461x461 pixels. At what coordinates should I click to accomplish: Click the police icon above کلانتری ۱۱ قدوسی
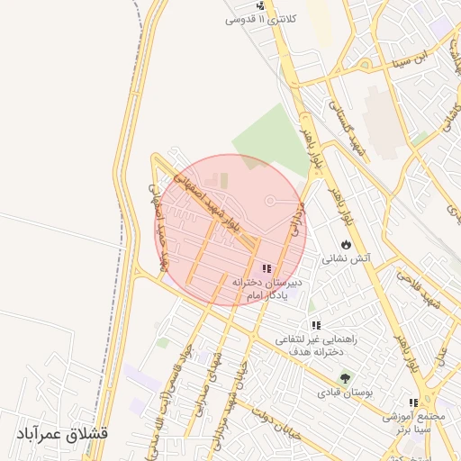[x=260, y=6]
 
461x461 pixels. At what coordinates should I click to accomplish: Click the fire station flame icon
[x=347, y=244]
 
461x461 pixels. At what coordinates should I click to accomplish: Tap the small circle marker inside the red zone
[x=270, y=200]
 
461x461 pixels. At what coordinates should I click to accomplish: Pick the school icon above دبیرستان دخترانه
[x=266, y=268]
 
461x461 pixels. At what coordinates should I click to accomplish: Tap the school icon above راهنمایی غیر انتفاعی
[x=315, y=325]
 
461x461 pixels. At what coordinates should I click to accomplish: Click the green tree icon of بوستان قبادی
[x=347, y=378]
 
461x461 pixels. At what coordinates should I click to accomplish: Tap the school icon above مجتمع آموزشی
[x=413, y=402]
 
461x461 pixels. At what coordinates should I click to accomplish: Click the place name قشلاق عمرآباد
[x=61, y=433]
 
